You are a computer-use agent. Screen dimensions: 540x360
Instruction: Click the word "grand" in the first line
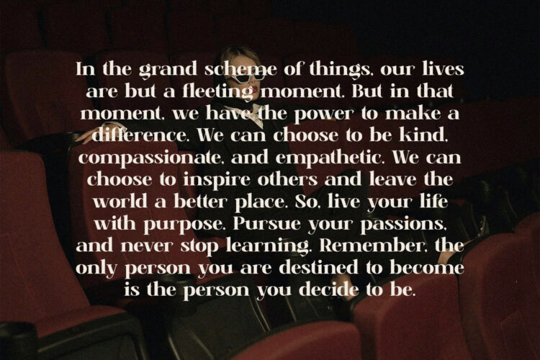168,70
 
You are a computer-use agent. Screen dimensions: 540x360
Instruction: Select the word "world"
120,202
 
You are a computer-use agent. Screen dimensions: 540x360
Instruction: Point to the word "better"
200,202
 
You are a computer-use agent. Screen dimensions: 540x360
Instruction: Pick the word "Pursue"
266,224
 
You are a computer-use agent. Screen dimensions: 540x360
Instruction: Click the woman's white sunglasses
246,78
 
